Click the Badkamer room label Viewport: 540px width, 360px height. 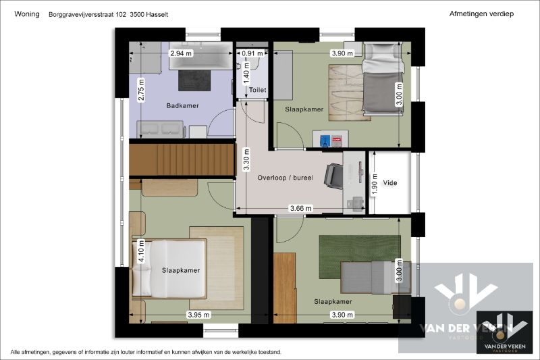[x=182, y=106]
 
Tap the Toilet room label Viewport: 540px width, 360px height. [x=258, y=90]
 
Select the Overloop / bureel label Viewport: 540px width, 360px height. [x=286, y=178]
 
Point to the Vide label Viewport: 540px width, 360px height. [x=390, y=183]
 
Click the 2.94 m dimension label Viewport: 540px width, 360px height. [x=180, y=53]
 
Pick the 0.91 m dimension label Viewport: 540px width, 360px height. [x=252, y=53]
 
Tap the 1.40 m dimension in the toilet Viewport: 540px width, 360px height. [x=246, y=73]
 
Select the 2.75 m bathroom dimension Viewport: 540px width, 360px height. [x=141, y=90]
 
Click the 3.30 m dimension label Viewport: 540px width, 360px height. [x=246, y=159]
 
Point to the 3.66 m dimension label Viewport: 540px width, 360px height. [x=300, y=208]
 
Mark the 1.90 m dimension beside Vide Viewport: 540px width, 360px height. [x=375, y=184]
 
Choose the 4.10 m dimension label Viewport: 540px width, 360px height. [x=141, y=252]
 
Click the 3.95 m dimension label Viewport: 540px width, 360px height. [x=198, y=315]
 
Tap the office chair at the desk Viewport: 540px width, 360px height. [x=333, y=176]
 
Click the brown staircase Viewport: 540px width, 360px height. [x=182, y=160]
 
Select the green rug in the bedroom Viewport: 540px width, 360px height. [x=360, y=257]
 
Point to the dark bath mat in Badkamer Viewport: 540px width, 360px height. [x=194, y=80]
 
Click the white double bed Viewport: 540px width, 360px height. [x=169, y=268]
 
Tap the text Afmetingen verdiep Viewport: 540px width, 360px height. [x=481, y=14]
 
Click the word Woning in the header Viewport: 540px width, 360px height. [x=27, y=14]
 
